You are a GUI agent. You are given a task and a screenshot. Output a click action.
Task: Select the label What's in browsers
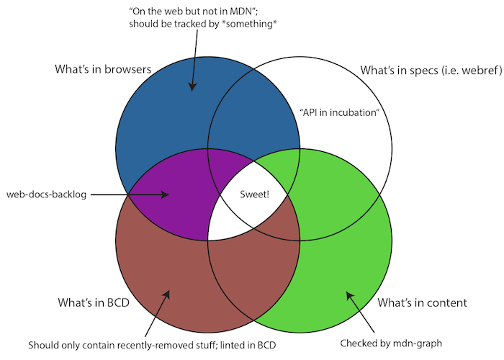click(x=102, y=70)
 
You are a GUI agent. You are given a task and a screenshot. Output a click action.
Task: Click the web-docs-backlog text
click(x=46, y=194)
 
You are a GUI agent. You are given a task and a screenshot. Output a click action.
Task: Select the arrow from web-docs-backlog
click(x=130, y=194)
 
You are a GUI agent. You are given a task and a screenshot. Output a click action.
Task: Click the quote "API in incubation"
click(x=338, y=113)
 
